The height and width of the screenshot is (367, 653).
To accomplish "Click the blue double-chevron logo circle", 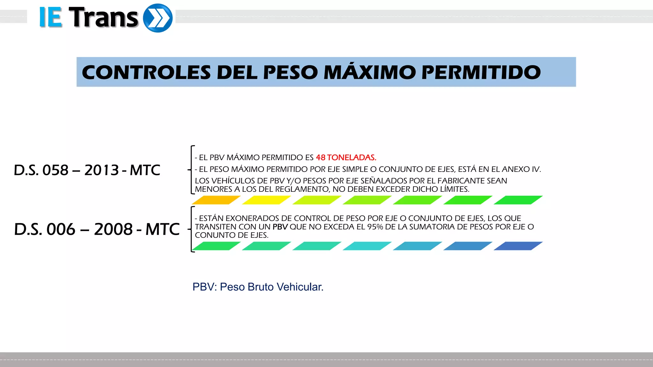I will coord(158,18).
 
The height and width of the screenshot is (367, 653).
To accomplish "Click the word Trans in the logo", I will coord(103,18).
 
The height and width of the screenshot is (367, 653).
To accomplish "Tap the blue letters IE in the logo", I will coord(50,18).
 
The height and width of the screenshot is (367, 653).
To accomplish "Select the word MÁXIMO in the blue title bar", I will coord(369,72).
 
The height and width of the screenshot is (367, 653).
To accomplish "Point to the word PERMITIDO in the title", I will coord(481,72).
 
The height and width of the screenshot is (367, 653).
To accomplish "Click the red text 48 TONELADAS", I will coord(346,157).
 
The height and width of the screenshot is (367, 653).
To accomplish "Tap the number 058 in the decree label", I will coord(55,170).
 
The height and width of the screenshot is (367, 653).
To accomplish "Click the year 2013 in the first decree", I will coord(102,170).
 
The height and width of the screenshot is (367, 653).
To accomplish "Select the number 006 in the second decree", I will coord(61,229).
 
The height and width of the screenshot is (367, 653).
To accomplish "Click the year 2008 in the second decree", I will coord(113,229).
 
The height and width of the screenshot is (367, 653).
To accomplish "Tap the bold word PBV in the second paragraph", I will coord(280,227).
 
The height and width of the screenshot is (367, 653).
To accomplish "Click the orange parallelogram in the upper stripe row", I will coord(216,200).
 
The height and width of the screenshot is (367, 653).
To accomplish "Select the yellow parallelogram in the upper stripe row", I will coord(266,200).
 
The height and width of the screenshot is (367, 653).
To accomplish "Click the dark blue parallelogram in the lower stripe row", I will coord(518,246).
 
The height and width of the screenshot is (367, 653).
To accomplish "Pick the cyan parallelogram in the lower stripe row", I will coord(367,246).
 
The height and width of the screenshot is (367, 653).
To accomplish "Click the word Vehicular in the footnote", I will coord(300,287).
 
